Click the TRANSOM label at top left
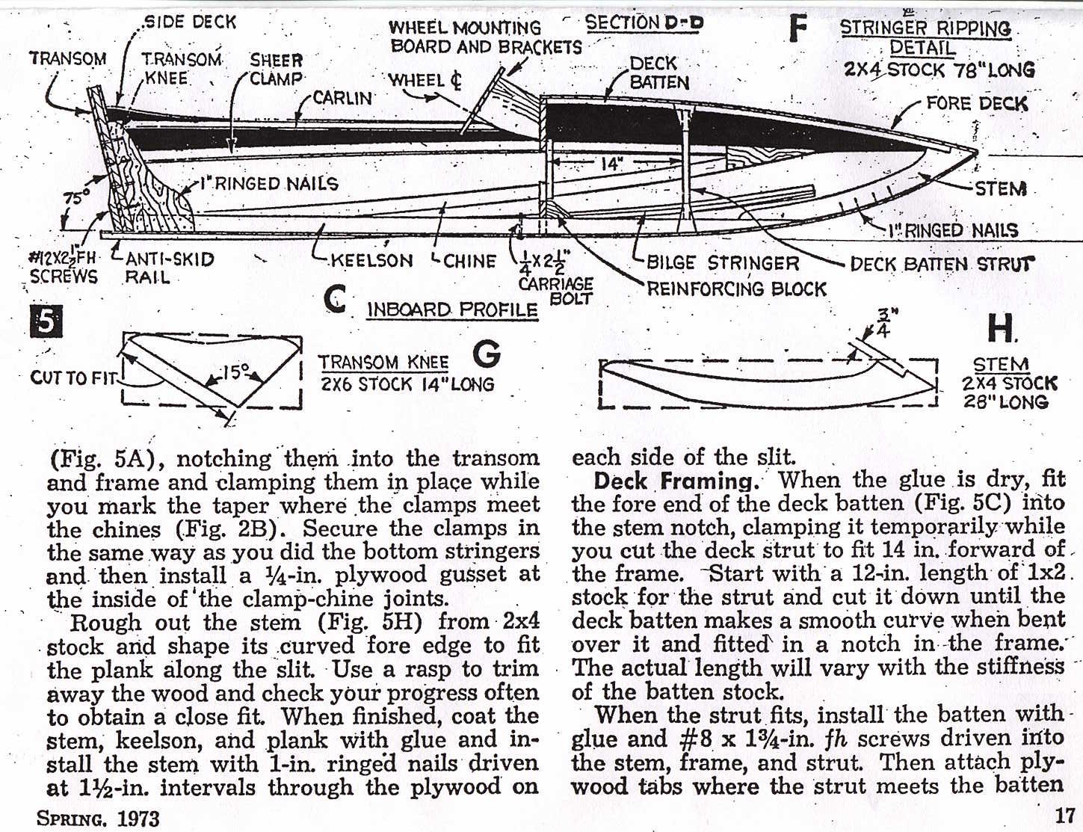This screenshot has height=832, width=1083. point(67,58)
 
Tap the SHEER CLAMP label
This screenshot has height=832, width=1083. point(276,70)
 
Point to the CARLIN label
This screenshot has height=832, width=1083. point(342,98)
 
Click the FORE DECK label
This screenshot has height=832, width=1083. point(977,103)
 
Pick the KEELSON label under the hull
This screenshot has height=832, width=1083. point(371,261)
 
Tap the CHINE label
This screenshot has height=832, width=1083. point(469,261)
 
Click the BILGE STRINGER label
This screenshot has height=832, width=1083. point(723,262)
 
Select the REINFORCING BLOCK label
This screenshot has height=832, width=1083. point(736,289)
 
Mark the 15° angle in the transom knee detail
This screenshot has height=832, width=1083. point(235,371)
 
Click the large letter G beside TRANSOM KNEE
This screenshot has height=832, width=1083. point(487,354)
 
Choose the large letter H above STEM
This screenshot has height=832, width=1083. point(999,327)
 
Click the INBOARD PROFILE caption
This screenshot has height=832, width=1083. point(452,309)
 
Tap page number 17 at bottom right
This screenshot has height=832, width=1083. point(1064,816)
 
